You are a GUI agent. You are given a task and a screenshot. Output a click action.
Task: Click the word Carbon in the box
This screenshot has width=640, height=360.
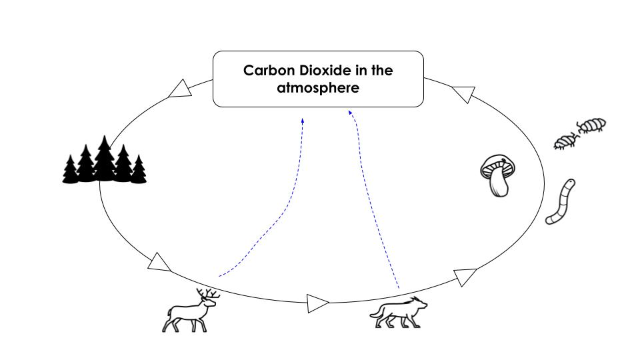[x=264, y=71]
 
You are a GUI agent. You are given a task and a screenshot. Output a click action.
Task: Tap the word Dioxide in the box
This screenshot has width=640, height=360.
[x=323, y=71]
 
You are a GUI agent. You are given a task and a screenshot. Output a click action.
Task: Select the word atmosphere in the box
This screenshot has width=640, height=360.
[x=318, y=87]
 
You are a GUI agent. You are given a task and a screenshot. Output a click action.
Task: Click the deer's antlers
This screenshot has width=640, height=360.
[x=209, y=293]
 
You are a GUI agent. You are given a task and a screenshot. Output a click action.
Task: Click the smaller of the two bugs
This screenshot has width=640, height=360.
[x=565, y=141]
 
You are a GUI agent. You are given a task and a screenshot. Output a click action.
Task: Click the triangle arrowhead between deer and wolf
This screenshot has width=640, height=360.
[x=317, y=303]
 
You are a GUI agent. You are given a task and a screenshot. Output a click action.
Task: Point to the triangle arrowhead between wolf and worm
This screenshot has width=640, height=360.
[x=465, y=276]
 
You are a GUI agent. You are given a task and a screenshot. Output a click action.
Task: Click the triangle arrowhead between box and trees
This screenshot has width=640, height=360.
[x=180, y=89]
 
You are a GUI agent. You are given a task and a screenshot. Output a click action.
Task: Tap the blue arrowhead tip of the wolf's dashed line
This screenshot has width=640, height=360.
[x=350, y=113]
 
